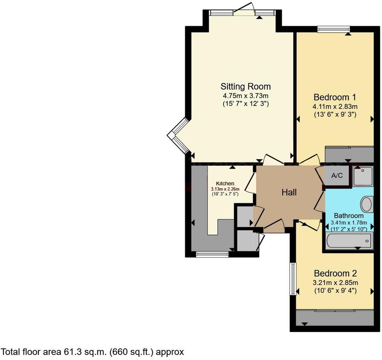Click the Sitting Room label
click(x=246, y=86)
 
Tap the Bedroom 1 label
click(x=335, y=97)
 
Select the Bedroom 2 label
click(x=335, y=273)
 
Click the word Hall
click(x=289, y=192)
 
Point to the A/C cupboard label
click(x=337, y=175)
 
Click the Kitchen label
click(x=225, y=183)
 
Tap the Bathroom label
click(x=349, y=216)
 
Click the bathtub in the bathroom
click(x=349, y=240)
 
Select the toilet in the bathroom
click(x=366, y=204)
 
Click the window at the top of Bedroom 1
click(x=334, y=29)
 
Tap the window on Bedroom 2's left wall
click(x=293, y=279)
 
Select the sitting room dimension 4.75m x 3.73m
click(x=246, y=96)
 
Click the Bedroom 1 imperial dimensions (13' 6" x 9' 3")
click(x=335, y=114)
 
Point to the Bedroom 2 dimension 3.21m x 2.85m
click(x=335, y=282)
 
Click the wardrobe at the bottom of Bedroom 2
click(x=335, y=317)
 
